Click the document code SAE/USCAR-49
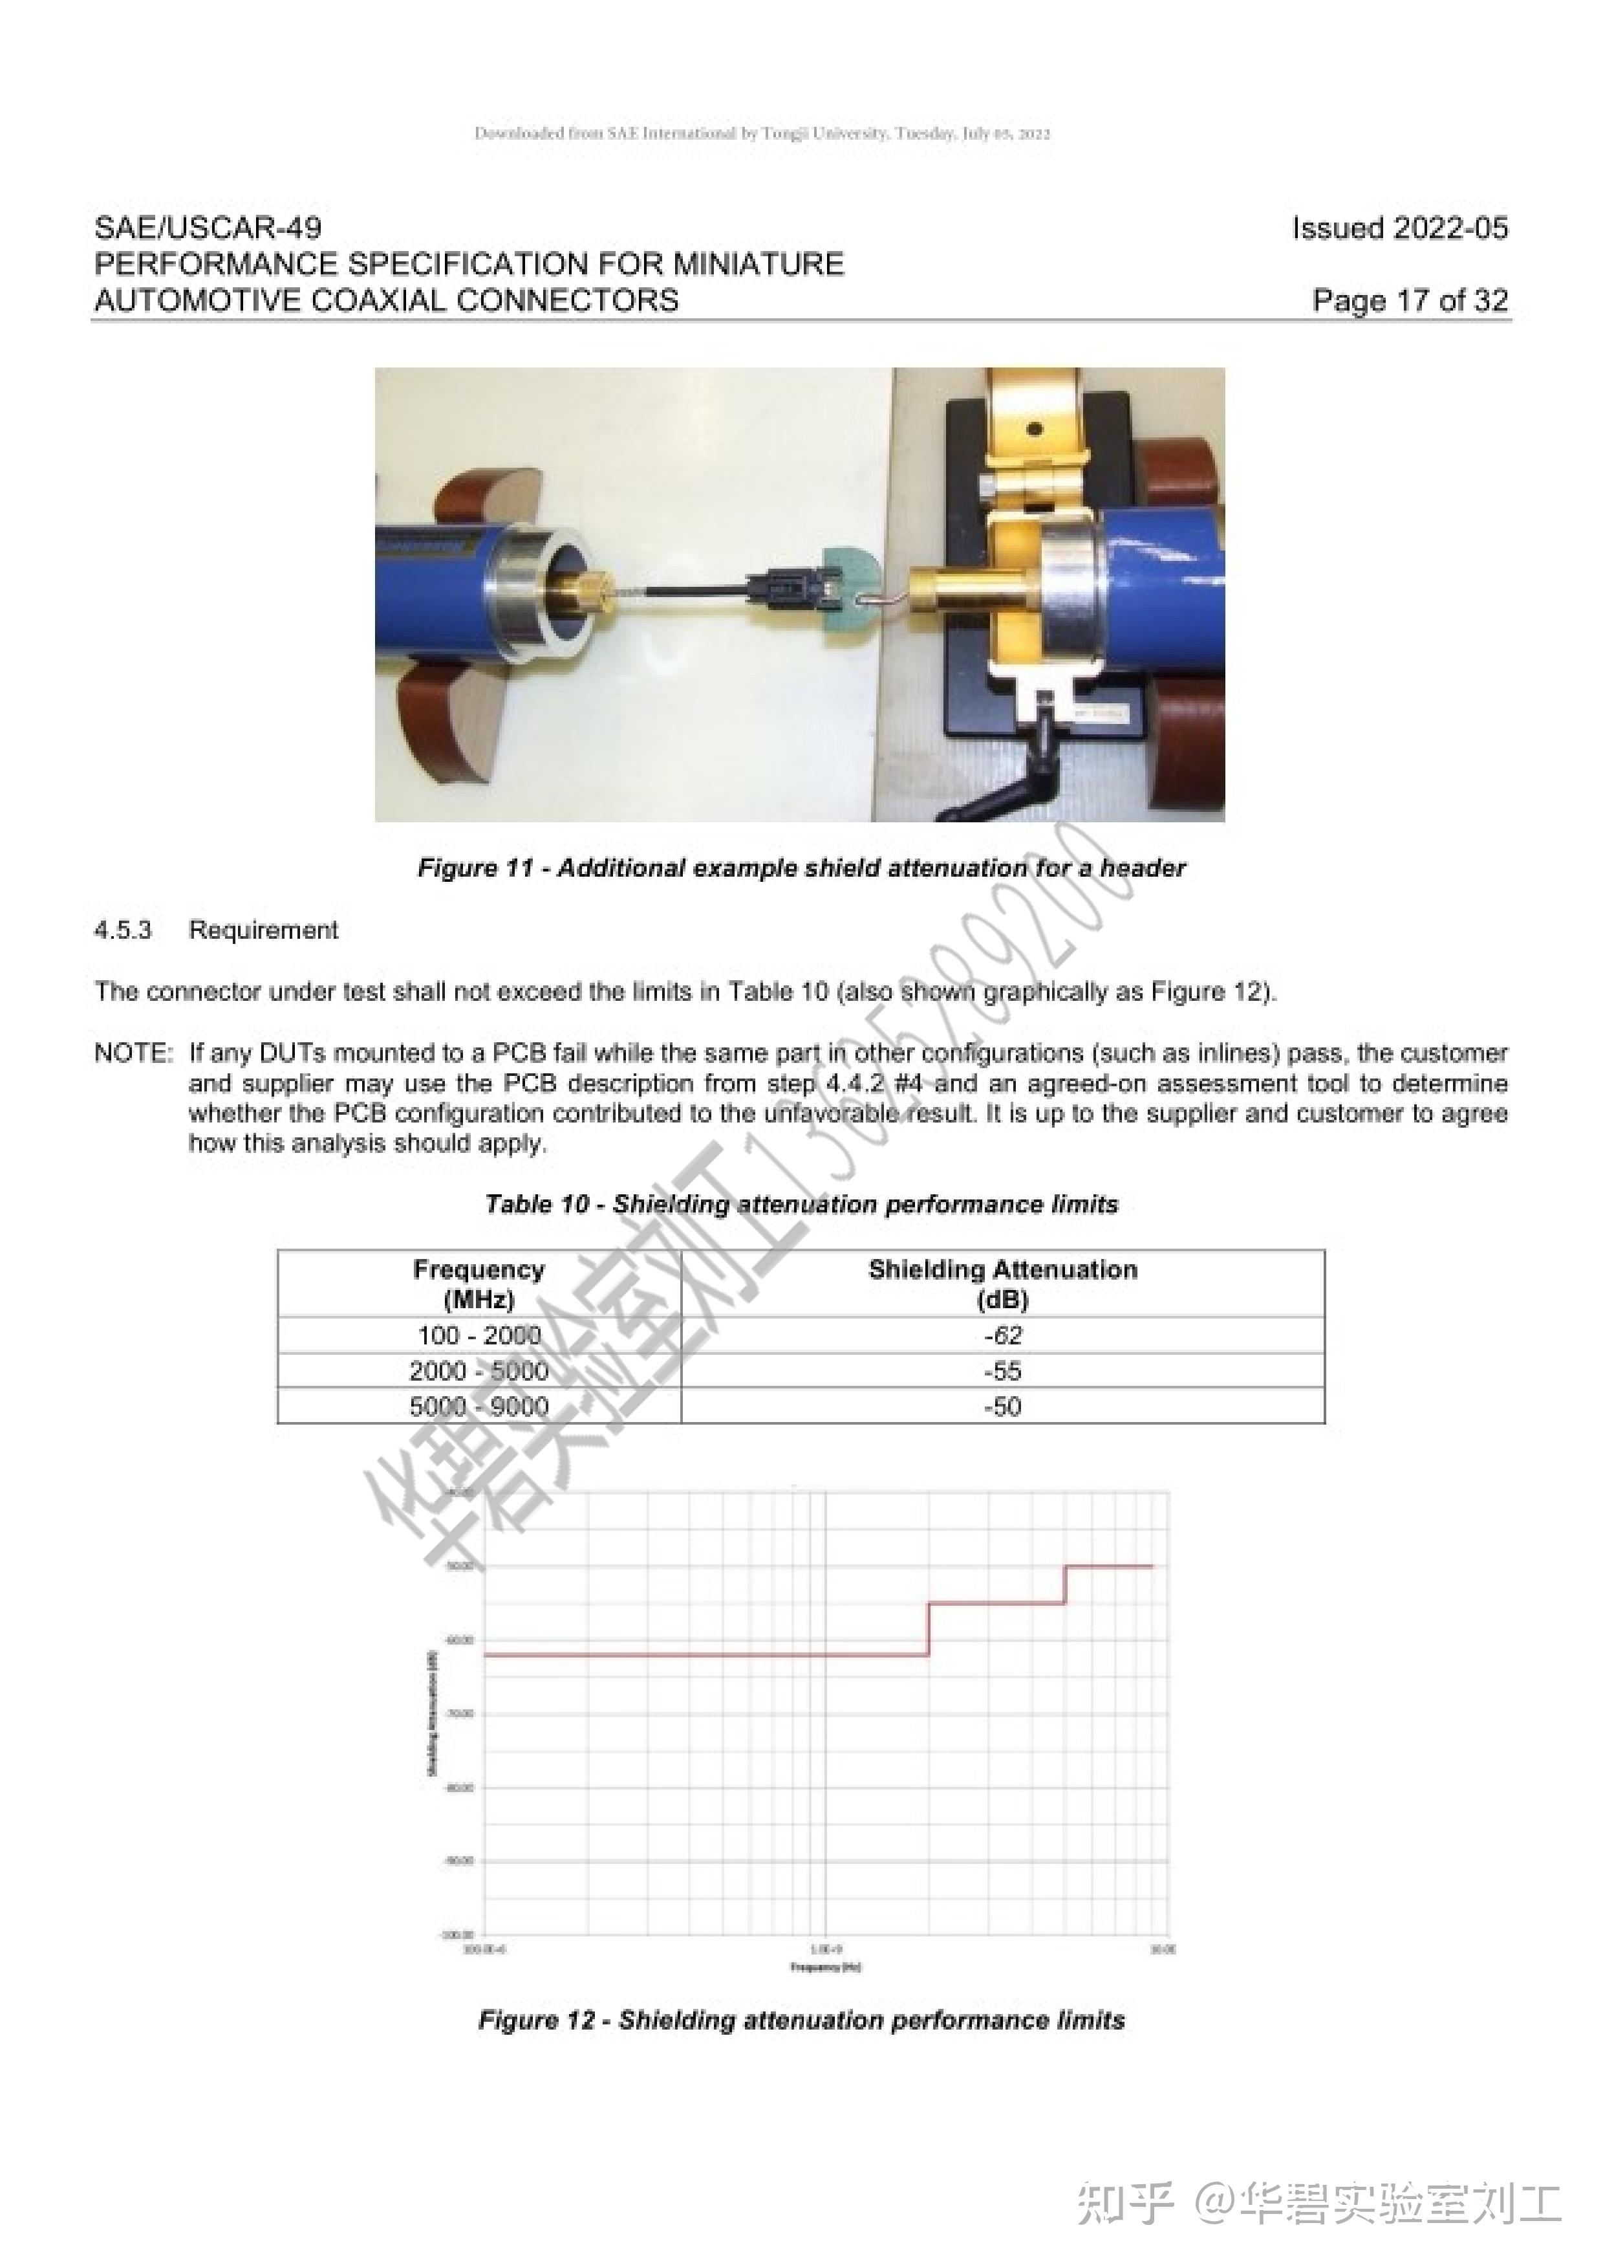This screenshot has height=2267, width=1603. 208,228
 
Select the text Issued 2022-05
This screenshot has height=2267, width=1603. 1400,228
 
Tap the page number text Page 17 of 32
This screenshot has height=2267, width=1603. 1410,300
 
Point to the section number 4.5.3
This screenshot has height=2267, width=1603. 124,930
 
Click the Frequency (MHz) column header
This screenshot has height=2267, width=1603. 479,1284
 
